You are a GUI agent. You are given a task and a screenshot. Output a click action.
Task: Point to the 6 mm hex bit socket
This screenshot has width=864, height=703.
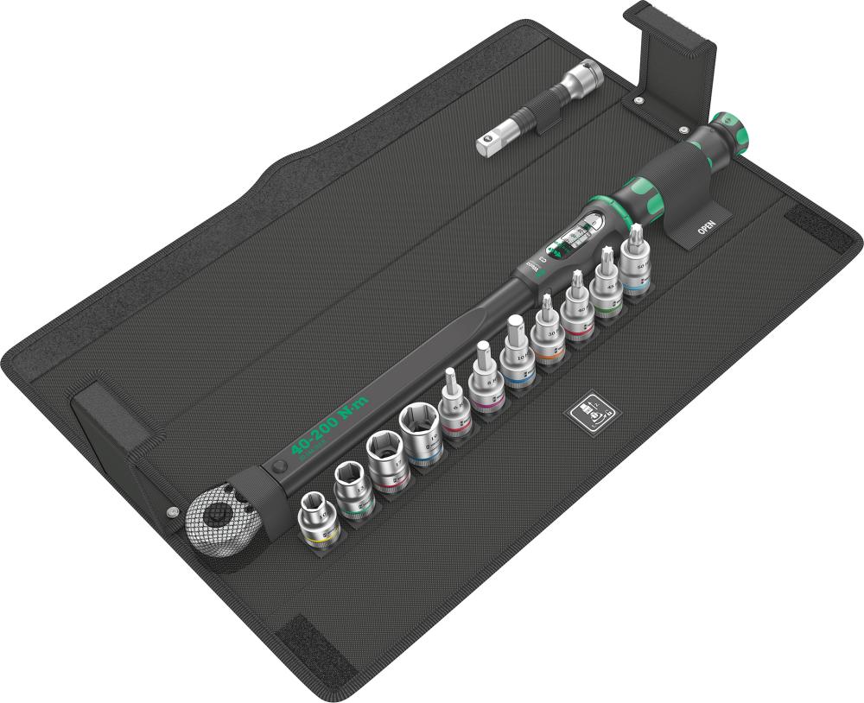click(x=452, y=402)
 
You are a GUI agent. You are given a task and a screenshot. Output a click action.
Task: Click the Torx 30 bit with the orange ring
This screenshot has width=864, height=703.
click(x=547, y=332)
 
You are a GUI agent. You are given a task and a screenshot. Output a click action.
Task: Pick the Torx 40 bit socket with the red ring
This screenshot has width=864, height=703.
click(x=576, y=310)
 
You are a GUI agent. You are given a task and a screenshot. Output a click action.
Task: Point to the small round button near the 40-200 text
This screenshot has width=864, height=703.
click(x=278, y=465)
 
